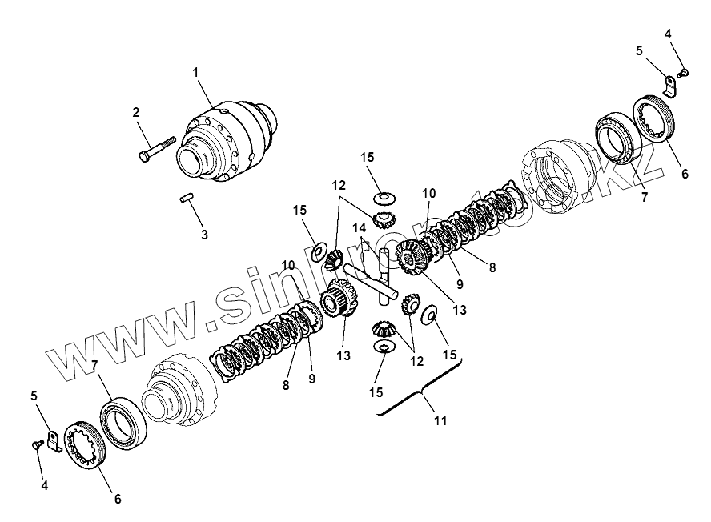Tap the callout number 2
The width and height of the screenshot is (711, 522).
136,113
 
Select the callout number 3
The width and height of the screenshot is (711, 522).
204,235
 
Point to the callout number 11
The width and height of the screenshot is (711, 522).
440,419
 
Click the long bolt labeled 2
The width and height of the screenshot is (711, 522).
157,150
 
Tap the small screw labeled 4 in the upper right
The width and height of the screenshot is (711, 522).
683,74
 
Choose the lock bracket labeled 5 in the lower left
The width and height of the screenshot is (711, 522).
52,440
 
